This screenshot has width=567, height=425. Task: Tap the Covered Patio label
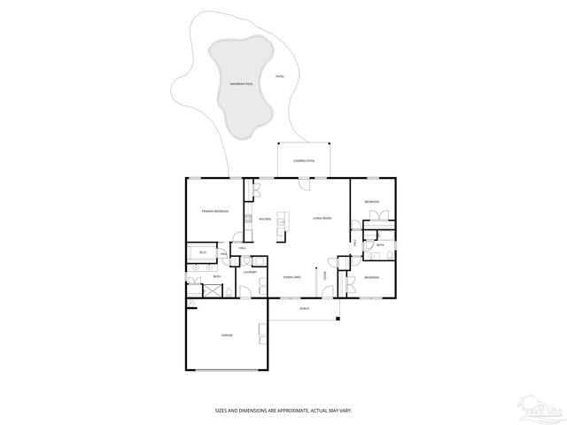(304, 161)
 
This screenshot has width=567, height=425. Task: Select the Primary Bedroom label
(215, 211)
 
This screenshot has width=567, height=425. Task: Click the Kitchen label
(264, 219)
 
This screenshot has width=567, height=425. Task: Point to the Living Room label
(321, 218)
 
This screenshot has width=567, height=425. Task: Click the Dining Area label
(292, 277)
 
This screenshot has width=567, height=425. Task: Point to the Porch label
(304, 309)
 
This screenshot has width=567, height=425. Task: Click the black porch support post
(337, 317)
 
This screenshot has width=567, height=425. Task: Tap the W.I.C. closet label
(203, 252)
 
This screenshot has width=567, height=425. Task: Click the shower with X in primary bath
(194, 284)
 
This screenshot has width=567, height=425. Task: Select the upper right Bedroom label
(372, 202)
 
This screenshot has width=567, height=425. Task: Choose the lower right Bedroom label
(371, 278)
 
